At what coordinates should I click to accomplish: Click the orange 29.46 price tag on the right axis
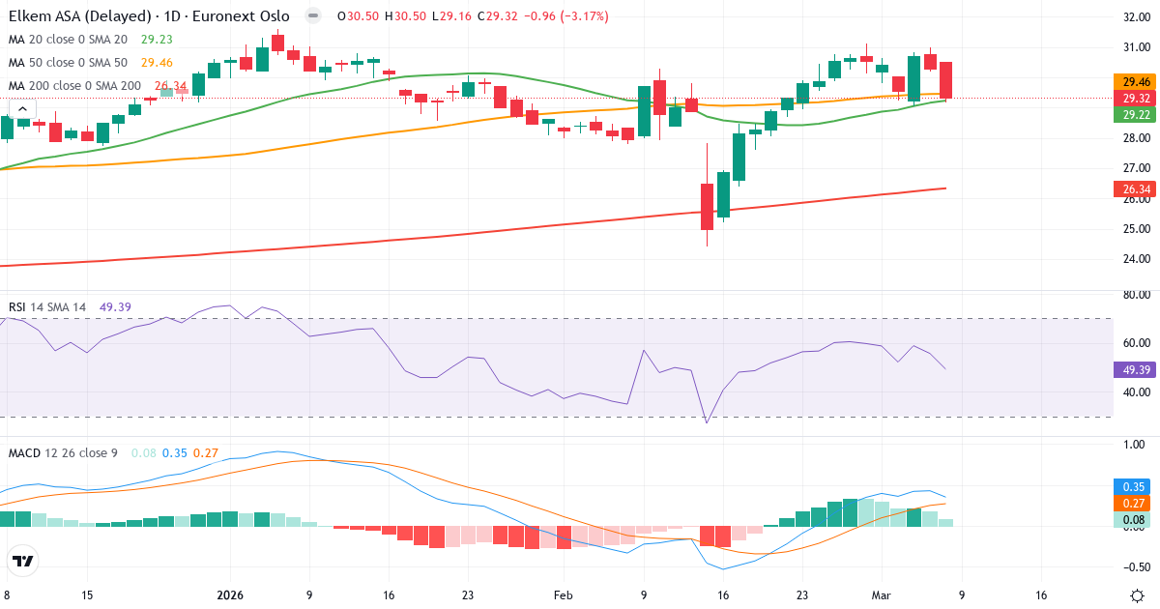(1130, 82)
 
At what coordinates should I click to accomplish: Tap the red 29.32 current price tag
(1130, 99)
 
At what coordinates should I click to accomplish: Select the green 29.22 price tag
(1130, 115)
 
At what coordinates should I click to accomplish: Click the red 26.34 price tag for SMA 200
(1130, 189)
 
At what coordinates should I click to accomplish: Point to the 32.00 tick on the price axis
(1130, 17)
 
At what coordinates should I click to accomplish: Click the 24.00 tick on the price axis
(1130, 259)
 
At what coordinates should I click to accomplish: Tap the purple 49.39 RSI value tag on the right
(1130, 369)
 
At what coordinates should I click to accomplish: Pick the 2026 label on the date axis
(230, 595)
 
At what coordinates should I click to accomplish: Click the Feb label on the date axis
(564, 595)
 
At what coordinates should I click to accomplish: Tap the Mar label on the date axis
(881, 595)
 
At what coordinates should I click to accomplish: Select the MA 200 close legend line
(74, 86)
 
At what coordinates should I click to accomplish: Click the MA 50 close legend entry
(68, 63)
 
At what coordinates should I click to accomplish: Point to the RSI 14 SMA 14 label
(47, 307)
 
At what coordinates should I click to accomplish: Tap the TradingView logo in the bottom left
(22, 561)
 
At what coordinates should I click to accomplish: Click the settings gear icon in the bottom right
(1137, 594)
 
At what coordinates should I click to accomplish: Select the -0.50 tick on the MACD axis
(1130, 567)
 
